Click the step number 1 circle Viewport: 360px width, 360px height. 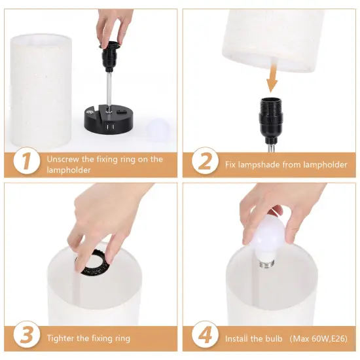[x=26, y=162]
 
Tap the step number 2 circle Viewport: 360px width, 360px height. [x=205, y=162]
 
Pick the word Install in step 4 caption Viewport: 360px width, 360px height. [x=240, y=338]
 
